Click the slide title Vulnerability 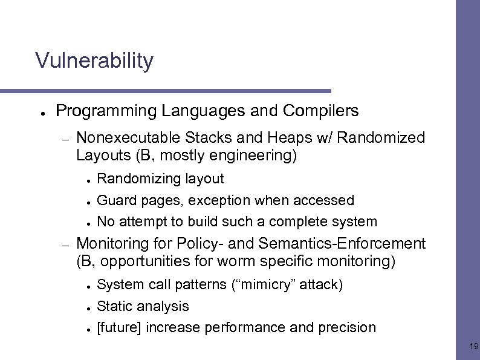94,61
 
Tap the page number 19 473,347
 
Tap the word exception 218,200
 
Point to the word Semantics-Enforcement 342,244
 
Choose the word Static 114,306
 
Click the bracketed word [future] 119,328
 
